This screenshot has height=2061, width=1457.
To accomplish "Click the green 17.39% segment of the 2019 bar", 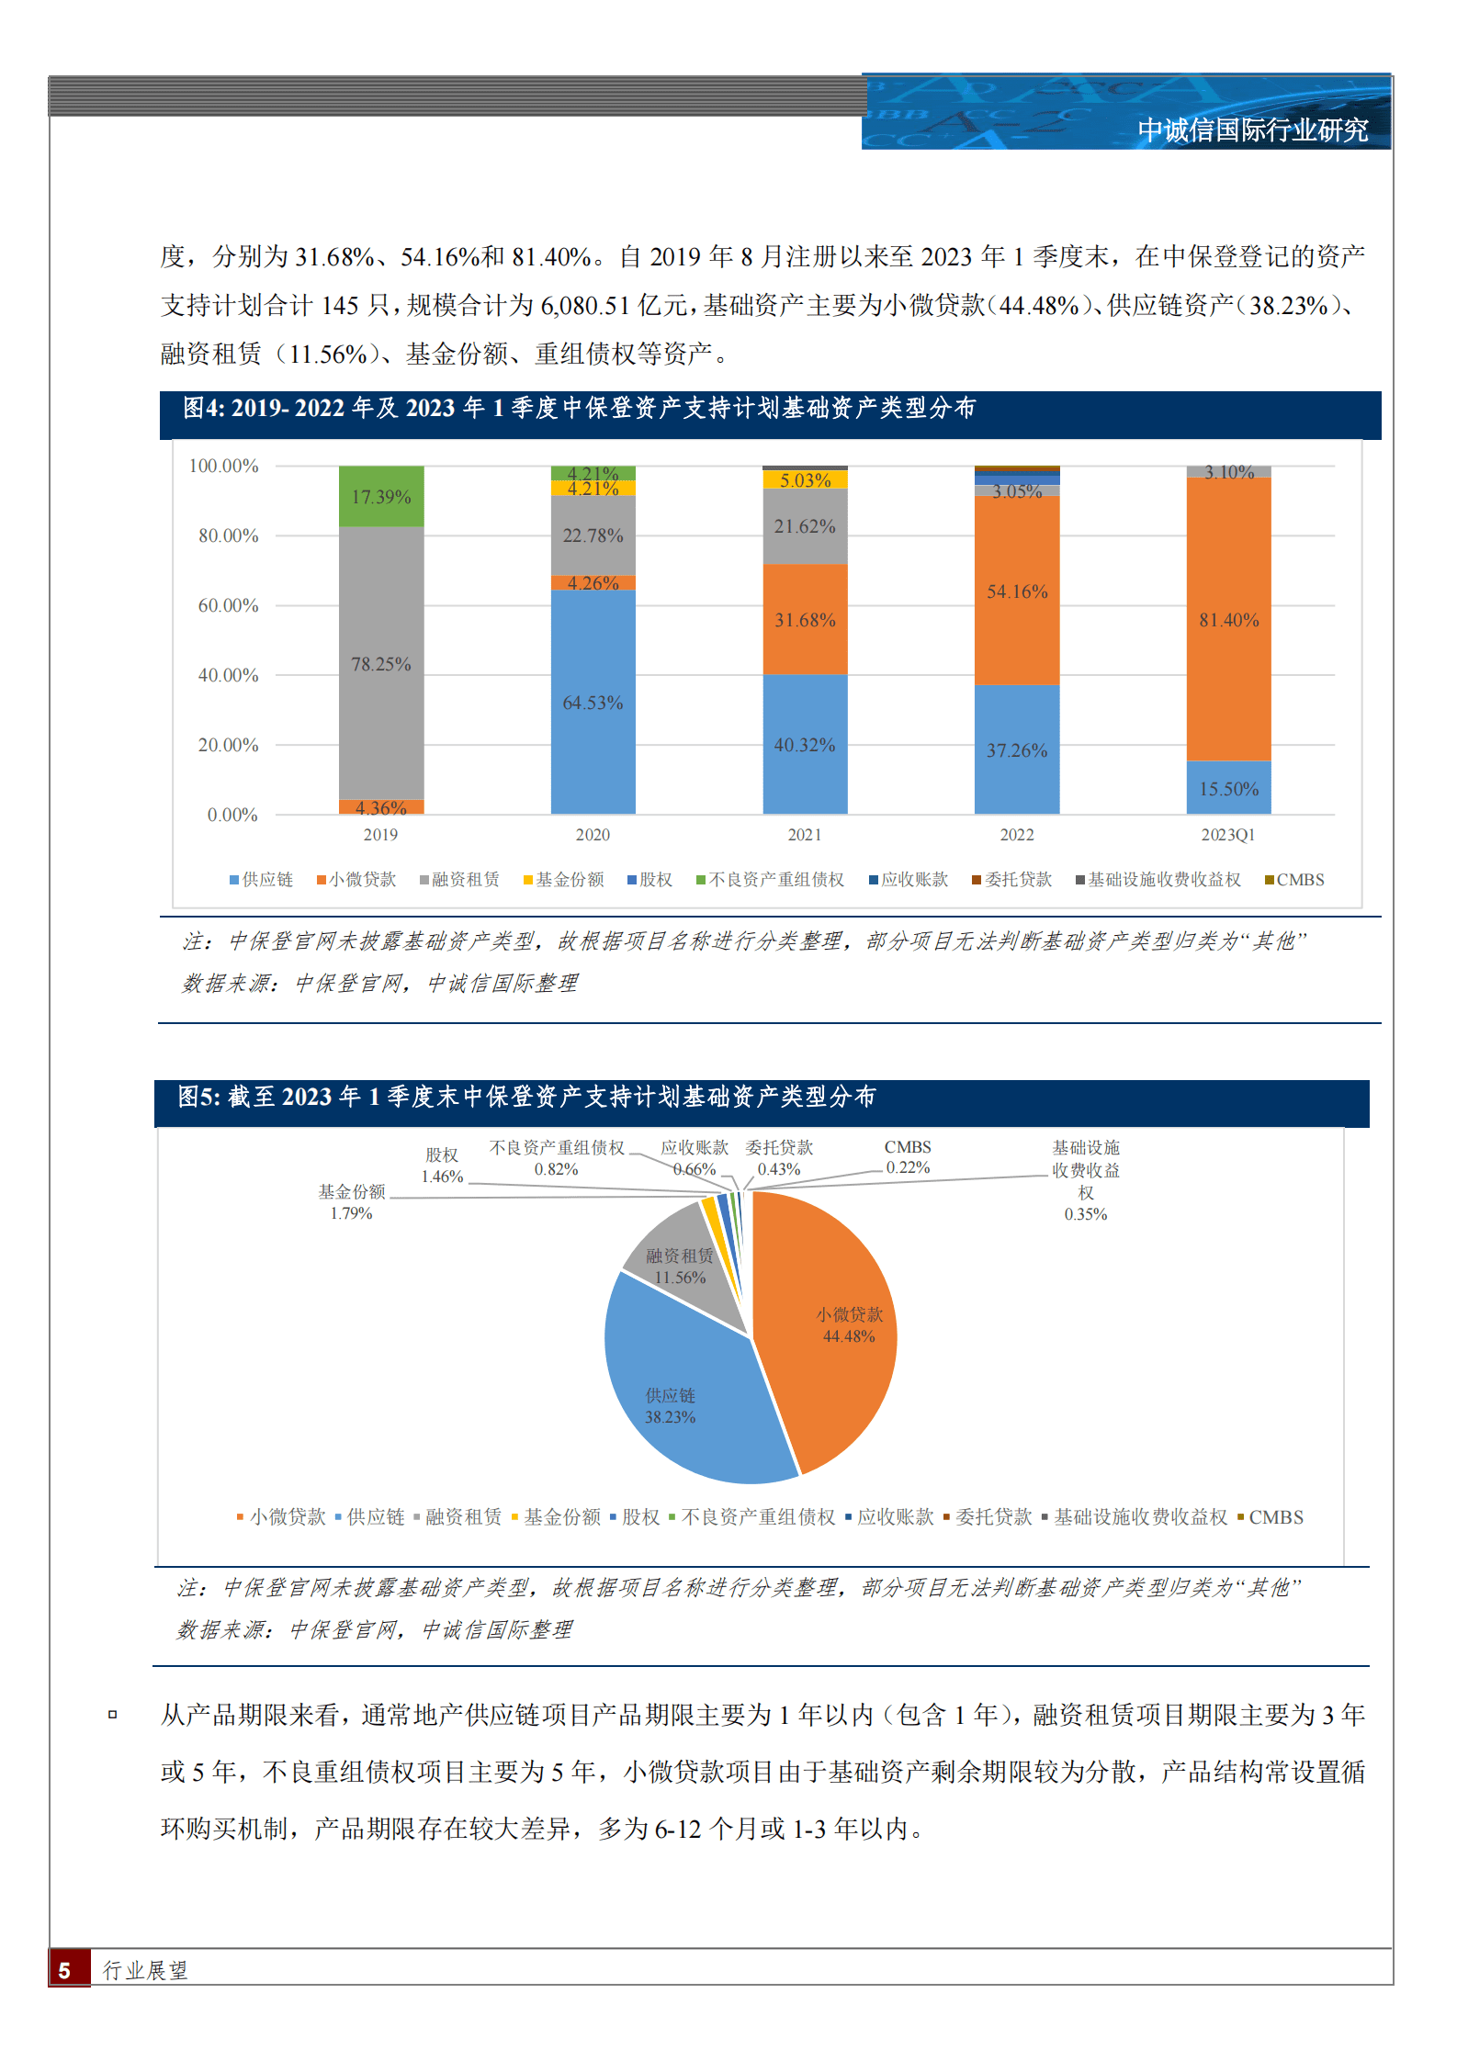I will click(381, 497).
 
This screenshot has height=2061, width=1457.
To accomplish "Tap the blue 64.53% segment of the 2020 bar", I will click(593, 703).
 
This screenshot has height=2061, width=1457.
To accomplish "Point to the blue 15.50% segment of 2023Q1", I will click(1228, 788).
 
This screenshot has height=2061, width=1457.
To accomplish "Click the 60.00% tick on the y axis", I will click(228, 605).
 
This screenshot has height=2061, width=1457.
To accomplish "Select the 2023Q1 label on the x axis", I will click(1227, 835).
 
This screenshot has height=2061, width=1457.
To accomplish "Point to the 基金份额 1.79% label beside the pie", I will click(351, 1202).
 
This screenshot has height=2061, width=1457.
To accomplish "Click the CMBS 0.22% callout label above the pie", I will click(908, 1157).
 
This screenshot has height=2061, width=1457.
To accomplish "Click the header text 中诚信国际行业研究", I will click(1252, 130).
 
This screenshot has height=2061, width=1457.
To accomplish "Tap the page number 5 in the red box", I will click(64, 1970).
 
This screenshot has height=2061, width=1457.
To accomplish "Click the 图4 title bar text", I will click(579, 408).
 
